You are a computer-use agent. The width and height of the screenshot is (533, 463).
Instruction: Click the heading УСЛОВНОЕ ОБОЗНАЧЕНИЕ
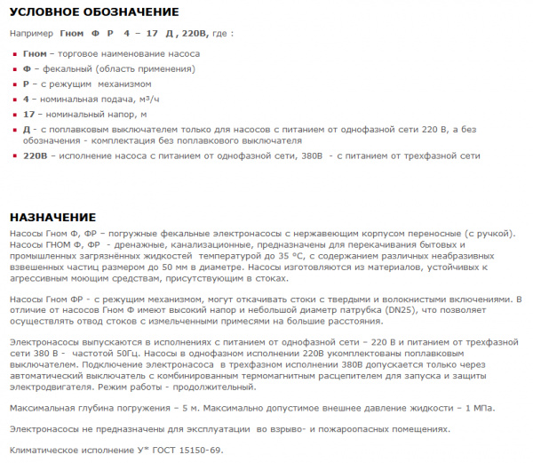click(93, 12)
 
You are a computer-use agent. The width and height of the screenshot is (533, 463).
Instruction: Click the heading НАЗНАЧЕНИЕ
click(52, 217)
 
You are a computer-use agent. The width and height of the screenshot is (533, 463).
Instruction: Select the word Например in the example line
click(32, 34)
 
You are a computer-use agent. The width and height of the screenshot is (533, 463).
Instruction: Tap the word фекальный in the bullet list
click(70, 68)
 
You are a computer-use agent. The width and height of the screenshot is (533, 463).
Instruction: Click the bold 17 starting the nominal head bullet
click(28, 114)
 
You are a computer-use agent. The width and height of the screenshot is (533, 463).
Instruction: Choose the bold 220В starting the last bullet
click(35, 156)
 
